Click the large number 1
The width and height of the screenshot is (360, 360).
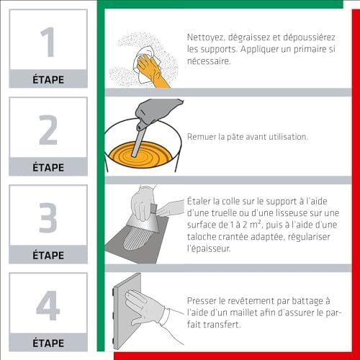point(48,42)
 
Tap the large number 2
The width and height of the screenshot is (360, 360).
point(48,130)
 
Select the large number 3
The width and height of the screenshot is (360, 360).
point(48,217)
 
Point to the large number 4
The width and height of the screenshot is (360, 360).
point(48,305)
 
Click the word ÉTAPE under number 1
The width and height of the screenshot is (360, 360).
point(48,79)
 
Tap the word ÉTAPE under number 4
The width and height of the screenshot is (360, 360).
point(48,343)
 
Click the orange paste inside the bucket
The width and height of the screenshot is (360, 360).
point(140,155)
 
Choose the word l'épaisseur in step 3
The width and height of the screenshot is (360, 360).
point(209,248)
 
